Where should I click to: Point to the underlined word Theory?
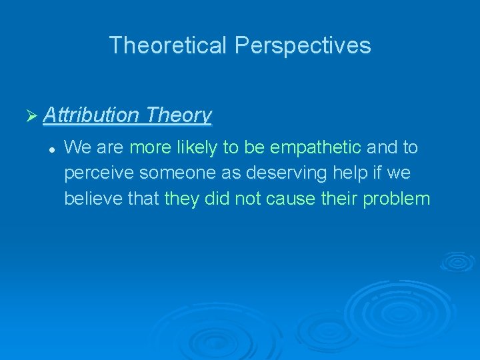coord(178,115)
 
